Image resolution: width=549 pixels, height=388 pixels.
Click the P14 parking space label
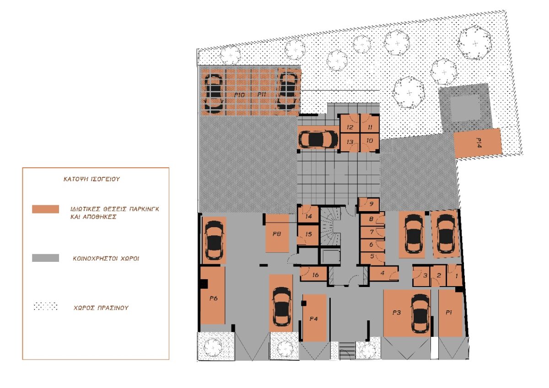(x=479, y=143)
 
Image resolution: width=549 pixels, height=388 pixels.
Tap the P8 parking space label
(x=277, y=234)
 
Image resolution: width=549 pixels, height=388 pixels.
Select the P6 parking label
(x=214, y=298)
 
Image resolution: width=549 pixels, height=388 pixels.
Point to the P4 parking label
(x=314, y=319)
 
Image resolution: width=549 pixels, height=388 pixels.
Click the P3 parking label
(x=397, y=313)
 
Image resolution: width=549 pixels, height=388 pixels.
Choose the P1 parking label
(x=449, y=313)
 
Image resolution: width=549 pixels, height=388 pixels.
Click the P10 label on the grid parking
(x=239, y=95)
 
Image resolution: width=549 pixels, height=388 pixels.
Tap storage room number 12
(x=350, y=128)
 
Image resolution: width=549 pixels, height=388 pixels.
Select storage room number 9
(x=371, y=204)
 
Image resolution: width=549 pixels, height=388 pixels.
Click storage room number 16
(x=316, y=275)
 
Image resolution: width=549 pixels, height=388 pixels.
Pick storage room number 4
(x=382, y=273)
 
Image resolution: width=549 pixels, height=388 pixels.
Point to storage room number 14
(x=309, y=216)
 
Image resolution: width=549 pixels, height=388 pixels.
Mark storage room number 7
(x=372, y=232)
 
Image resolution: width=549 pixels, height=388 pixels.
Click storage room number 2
(x=439, y=276)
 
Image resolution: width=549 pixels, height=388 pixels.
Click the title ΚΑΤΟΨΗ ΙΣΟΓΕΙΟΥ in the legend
(x=91, y=179)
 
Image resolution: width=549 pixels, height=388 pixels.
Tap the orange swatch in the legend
(x=46, y=209)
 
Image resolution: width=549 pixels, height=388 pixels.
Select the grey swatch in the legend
(x=46, y=258)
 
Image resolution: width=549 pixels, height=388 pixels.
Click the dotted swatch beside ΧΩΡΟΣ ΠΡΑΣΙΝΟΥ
(x=46, y=307)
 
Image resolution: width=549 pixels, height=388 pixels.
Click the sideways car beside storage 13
(x=318, y=139)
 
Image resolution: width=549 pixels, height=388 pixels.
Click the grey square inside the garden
(x=466, y=107)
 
